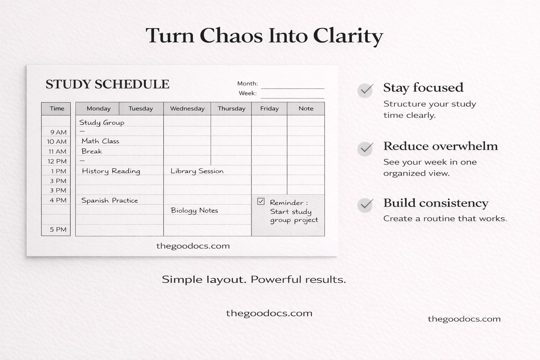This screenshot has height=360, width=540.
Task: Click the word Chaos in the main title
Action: coord(231,36)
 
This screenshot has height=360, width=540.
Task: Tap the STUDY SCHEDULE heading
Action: coord(107,84)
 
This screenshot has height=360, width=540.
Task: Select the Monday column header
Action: coord(98,109)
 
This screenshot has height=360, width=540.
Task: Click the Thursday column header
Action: coord(231,109)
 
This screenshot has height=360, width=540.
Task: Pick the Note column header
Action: coord(306,109)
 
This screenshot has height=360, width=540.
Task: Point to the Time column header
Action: coord(57,109)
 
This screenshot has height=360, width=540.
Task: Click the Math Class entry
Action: coord(100,141)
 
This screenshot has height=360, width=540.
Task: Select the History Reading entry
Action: coord(111,171)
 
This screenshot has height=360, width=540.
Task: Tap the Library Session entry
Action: coord(197,171)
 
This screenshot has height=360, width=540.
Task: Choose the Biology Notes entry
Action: coord(194,211)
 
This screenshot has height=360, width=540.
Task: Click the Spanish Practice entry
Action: coord(109,200)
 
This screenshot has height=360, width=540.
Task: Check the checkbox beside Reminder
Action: coord(261,201)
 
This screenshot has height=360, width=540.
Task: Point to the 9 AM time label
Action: coord(58,132)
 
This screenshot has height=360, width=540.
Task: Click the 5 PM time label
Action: coord(58,230)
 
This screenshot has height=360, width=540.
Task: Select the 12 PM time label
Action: coord(57,161)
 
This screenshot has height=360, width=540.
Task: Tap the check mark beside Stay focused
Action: coord(365,90)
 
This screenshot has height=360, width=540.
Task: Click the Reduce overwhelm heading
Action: coord(440,146)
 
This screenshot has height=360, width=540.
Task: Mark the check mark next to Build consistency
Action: coord(365,205)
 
